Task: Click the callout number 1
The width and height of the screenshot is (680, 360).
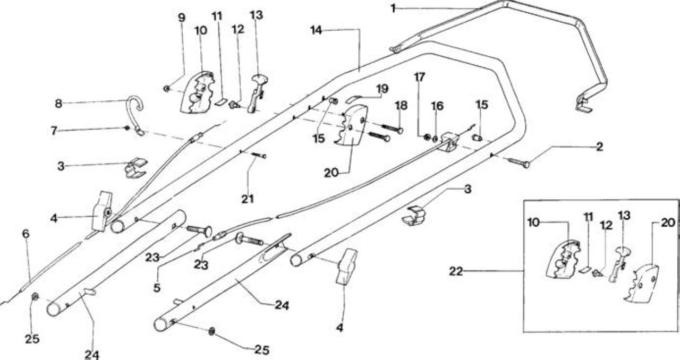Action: click(393, 8)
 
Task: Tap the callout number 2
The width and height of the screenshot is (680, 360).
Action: click(599, 147)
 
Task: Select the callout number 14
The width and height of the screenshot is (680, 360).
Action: click(316, 30)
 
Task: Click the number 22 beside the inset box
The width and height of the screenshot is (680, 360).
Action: click(456, 271)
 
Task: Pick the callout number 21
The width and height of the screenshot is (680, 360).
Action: click(248, 199)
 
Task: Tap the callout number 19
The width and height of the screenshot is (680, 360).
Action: click(382, 89)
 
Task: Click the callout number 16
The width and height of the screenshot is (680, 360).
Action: click(437, 106)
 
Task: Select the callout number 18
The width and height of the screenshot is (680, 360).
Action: click(401, 105)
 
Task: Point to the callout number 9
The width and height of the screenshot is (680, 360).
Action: click(181, 18)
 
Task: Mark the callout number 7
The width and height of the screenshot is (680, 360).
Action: click(54, 131)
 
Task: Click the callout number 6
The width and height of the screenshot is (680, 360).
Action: click(26, 234)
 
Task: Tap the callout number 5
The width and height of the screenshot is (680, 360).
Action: click(157, 288)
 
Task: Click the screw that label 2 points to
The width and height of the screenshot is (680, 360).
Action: click(519, 162)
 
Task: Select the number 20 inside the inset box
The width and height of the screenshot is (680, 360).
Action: click(668, 222)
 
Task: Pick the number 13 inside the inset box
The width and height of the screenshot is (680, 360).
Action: click(625, 215)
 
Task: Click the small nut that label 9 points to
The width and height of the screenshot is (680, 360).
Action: click(166, 89)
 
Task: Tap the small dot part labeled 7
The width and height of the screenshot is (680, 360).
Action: click(127, 128)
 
